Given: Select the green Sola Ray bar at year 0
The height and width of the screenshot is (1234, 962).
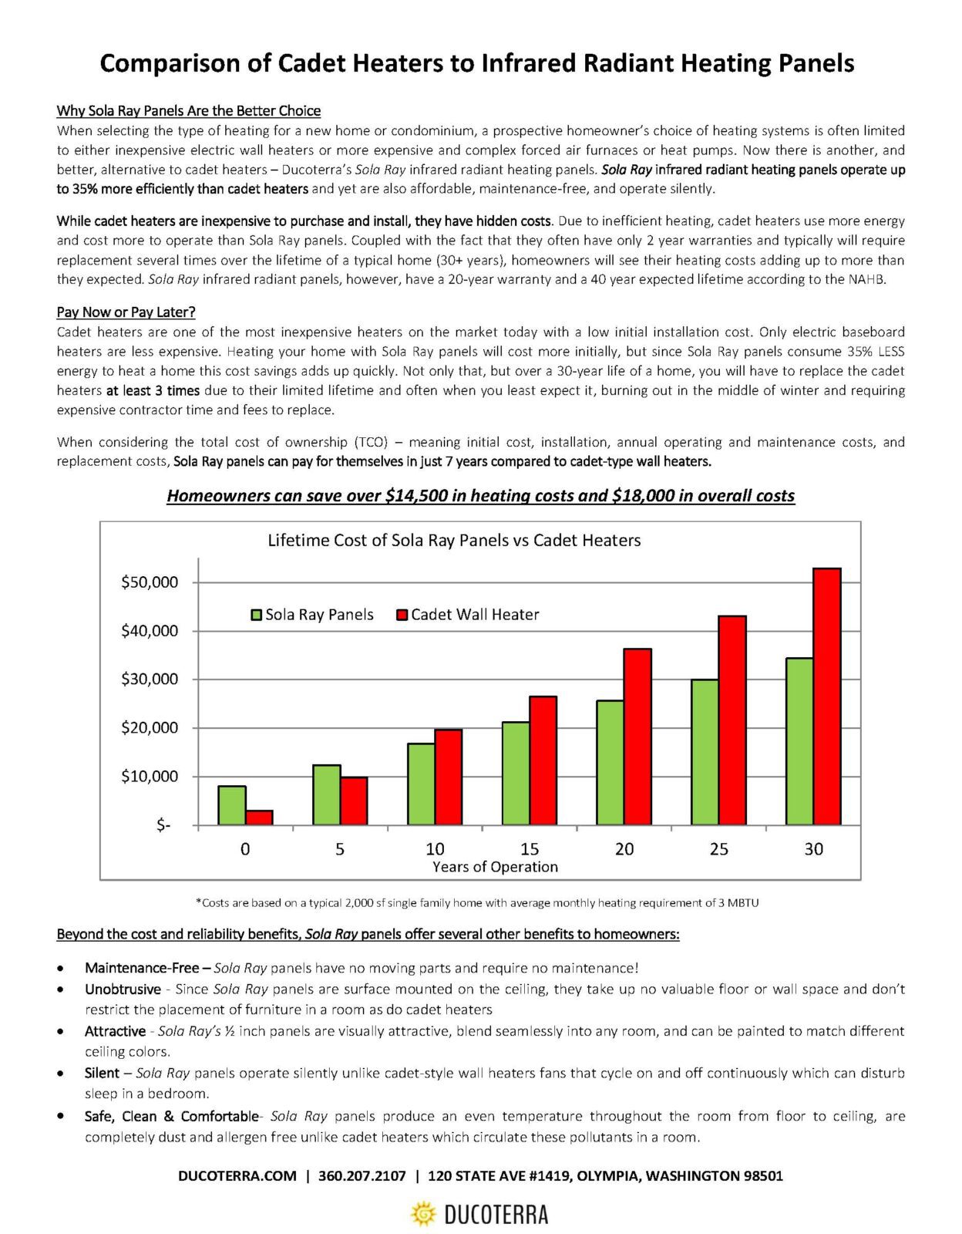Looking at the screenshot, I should pos(232,805).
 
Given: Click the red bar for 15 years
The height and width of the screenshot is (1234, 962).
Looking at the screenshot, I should pos(543,760).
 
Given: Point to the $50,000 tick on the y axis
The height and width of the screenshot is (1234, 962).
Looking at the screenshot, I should pos(150,582).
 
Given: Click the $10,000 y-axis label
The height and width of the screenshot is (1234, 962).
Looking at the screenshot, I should pos(150,777).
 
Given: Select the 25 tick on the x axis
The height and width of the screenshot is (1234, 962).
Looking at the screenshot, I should pos(718,849).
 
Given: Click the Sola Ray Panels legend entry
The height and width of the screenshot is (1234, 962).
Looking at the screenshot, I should pos(312,615).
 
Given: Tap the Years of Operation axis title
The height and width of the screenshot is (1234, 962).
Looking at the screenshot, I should pos(495,867).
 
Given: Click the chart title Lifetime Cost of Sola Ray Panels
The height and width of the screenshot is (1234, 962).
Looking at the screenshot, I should pos(454,541).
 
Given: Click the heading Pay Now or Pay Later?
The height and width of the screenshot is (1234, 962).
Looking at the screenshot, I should pos(126,312).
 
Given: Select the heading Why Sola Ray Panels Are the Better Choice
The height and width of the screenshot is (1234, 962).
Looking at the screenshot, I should pos(189,111).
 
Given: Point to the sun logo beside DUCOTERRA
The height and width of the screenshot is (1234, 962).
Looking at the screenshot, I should pos(423,1214).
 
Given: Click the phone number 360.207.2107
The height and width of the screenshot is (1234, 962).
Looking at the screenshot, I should pos(362,1176).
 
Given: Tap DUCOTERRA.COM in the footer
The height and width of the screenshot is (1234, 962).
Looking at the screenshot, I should pos(237,1176).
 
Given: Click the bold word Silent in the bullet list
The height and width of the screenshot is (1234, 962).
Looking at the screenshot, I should pos(102,1073).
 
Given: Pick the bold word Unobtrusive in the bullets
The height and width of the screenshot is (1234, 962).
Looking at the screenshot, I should pos(123,989).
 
